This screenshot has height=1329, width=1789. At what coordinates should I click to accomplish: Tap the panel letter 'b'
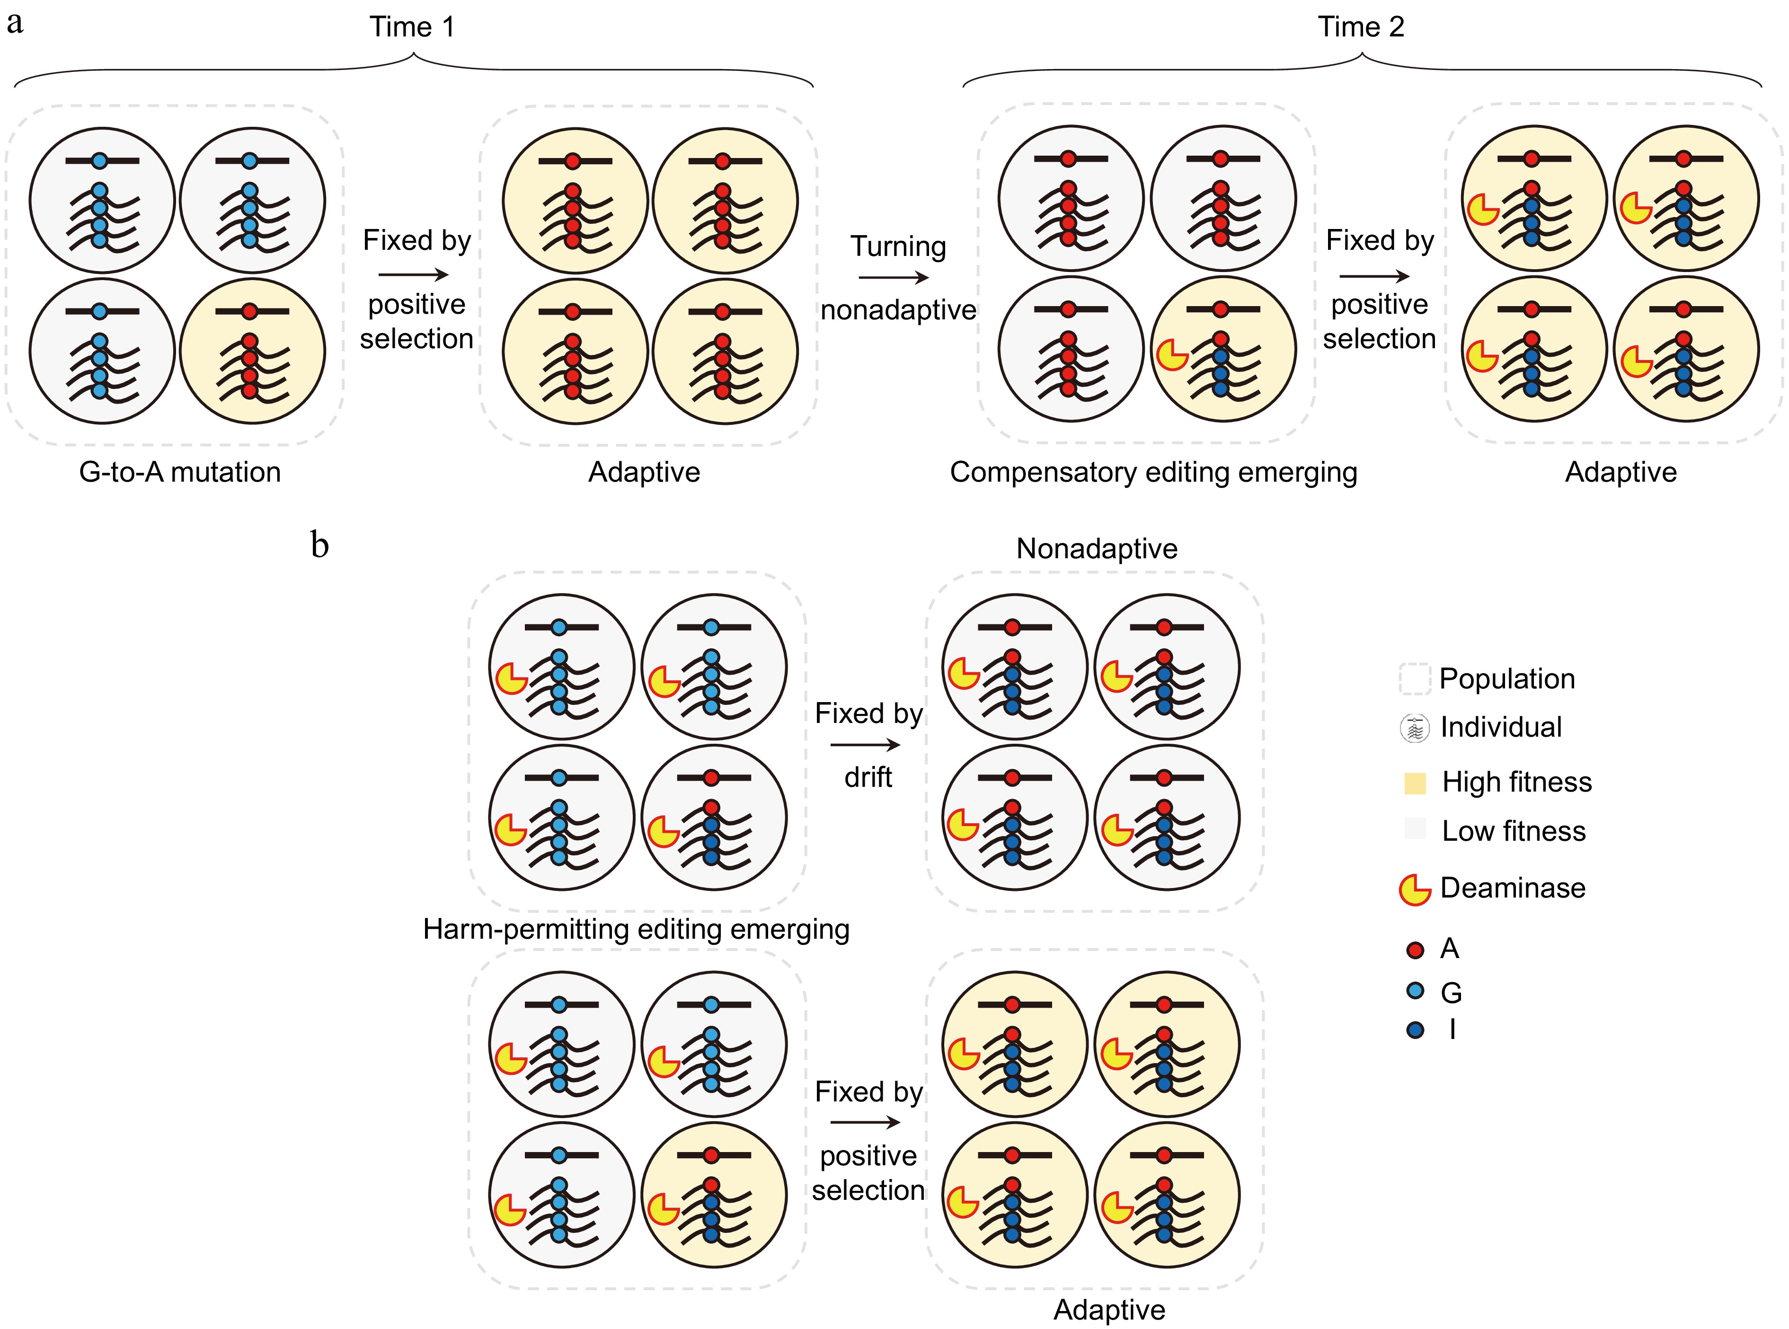(319, 546)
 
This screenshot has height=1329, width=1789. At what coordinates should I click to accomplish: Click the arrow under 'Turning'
(893, 278)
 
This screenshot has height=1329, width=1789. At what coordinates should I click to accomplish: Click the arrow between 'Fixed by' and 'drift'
(865, 745)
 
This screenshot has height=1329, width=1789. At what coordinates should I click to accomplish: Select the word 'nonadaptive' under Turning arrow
(898, 310)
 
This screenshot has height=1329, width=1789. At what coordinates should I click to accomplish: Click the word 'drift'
(868, 777)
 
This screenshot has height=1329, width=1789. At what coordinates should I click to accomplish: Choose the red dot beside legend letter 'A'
(1415, 950)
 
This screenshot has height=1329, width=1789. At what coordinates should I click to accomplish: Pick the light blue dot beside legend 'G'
(1415, 990)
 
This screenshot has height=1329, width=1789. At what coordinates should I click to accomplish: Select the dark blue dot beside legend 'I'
(1415, 1030)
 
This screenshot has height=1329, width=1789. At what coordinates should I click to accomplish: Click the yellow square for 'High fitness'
(1414, 783)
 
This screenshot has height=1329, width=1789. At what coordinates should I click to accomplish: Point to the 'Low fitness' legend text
(1513, 830)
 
